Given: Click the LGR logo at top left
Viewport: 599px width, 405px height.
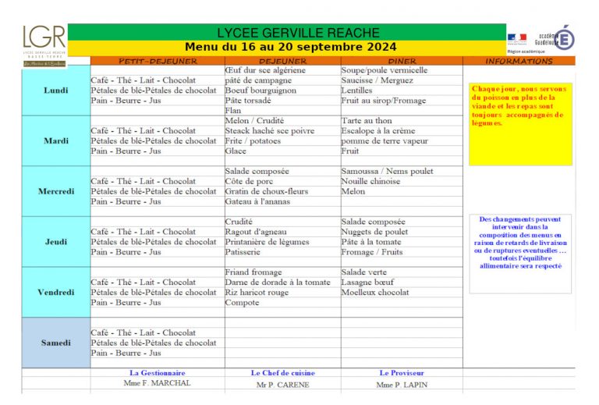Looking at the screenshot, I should pos(44,44).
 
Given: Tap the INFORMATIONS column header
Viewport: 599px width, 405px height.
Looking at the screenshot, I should pos(519,61).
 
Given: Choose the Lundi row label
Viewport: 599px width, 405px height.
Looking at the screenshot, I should pos(56,91).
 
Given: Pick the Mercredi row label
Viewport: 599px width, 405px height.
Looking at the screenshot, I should pos(56,191).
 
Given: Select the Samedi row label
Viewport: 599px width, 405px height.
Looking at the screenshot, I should pos(56,343).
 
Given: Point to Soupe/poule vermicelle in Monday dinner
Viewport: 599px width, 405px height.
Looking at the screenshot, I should pos(385,70).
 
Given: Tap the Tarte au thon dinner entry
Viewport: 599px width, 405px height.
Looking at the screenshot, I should pos(367,121).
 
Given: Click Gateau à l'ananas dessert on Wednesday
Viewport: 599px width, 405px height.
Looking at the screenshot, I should pos(258,201).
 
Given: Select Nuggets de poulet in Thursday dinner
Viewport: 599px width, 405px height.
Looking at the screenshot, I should pos(374,232).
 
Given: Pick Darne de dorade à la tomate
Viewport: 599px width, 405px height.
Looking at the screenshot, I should pos(277,282).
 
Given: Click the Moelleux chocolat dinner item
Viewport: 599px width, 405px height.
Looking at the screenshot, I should pos(375,293).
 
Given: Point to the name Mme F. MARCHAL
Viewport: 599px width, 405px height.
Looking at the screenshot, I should pos(157,383).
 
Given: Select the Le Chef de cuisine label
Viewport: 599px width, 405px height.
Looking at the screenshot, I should pos(282,373).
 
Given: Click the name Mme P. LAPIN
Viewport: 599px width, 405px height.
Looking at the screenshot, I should pos(402,384).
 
